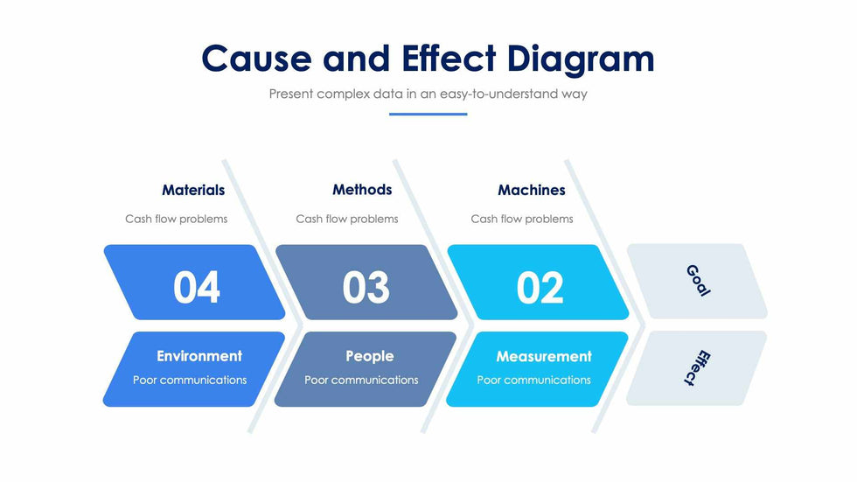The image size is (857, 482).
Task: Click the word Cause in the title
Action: [256, 59]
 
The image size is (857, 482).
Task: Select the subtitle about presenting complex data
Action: [428, 94]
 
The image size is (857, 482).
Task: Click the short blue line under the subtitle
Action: [428, 114]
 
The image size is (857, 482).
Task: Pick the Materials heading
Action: [193, 190]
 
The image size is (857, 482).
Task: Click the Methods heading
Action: [362, 190]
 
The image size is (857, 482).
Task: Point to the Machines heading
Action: [532, 190]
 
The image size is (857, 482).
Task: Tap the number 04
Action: [197, 287]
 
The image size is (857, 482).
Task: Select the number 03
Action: [366, 287]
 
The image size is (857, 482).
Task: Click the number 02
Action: [540, 287]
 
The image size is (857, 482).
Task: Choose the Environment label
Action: [199, 356]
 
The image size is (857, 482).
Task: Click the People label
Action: [370, 356]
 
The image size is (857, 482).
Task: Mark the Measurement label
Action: [544, 356]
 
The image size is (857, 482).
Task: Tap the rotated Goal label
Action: [698, 281]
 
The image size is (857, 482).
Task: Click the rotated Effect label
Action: [695, 368]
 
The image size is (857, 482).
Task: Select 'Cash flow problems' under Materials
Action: [176, 219]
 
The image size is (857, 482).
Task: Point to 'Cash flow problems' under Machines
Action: [522, 219]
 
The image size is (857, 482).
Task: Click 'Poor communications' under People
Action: [361, 380]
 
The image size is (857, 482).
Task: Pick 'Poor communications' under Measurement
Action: [533, 380]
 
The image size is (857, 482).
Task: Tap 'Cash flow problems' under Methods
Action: [346, 219]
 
